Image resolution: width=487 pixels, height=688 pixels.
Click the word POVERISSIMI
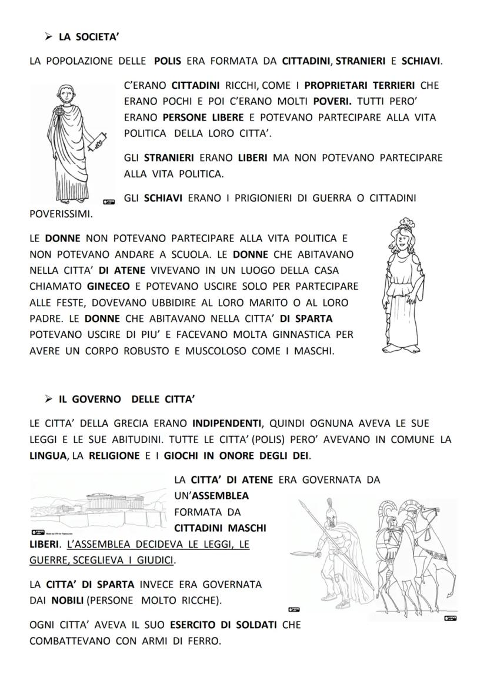(x=61, y=214)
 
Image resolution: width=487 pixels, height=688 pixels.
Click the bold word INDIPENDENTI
(x=226, y=423)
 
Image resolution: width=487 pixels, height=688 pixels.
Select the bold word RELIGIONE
(x=114, y=455)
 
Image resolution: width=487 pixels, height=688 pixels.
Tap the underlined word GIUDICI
(x=155, y=561)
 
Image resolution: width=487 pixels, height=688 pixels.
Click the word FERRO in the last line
(x=205, y=640)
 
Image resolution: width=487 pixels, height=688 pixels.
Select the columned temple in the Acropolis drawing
(x=109, y=503)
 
